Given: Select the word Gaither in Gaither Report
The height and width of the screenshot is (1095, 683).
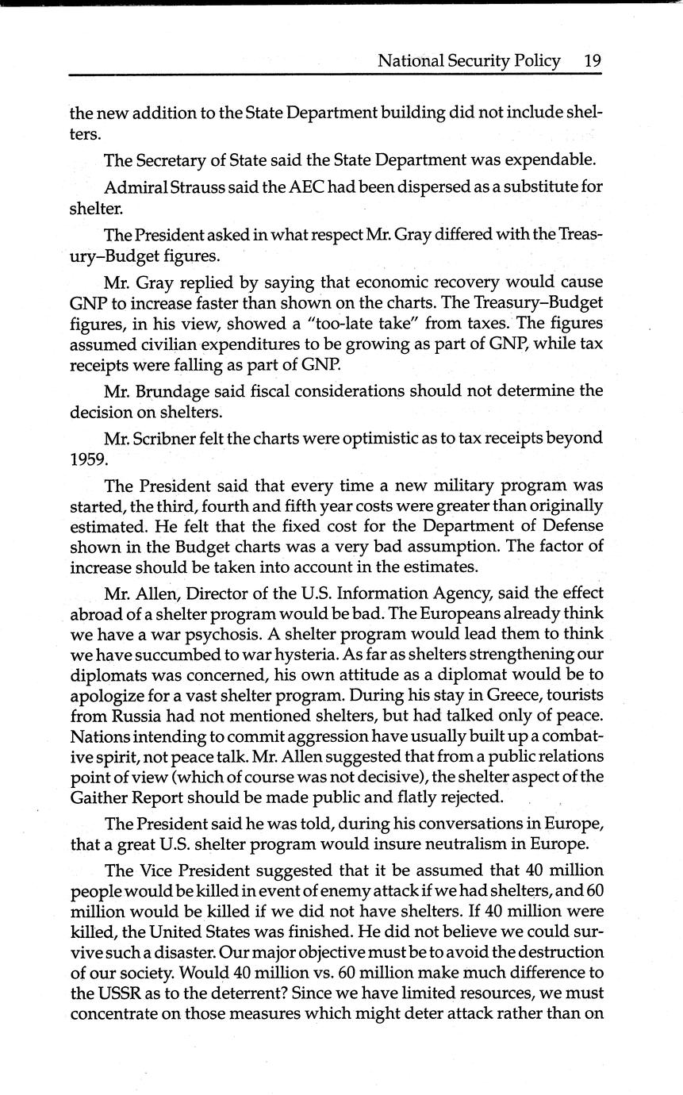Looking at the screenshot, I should pyautogui.click(x=99, y=796).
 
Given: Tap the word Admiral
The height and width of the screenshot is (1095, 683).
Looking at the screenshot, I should pyautogui.click(x=136, y=186).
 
